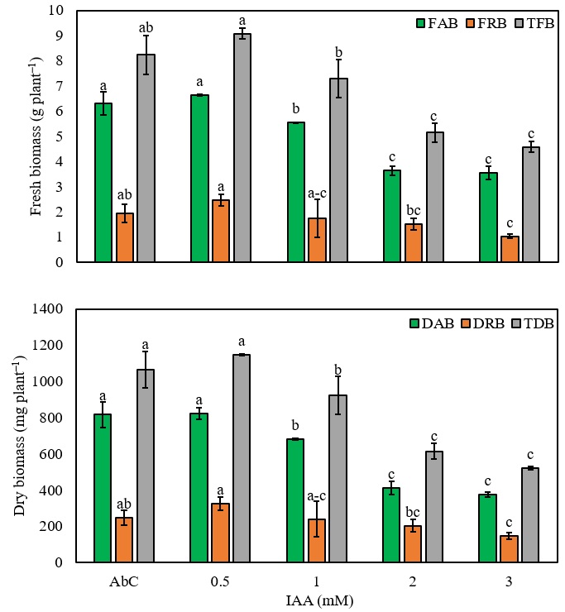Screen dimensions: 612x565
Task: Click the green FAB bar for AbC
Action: pyautogui.click(x=103, y=183)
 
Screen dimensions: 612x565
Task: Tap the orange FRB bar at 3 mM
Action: pyautogui.click(x=510, y=249)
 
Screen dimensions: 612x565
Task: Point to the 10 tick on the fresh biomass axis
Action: pyautogui.click(x=60, y=11)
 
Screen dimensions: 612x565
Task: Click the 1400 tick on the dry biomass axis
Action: pyautogui.click(x=51, y=309)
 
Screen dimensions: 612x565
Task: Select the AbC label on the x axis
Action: pyautogui.click(x=124, y=581)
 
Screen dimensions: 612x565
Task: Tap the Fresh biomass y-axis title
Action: pyautogui.click(x=37, y=136)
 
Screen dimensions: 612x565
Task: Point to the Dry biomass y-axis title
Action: pyautogui.click(x=19, y=436)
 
